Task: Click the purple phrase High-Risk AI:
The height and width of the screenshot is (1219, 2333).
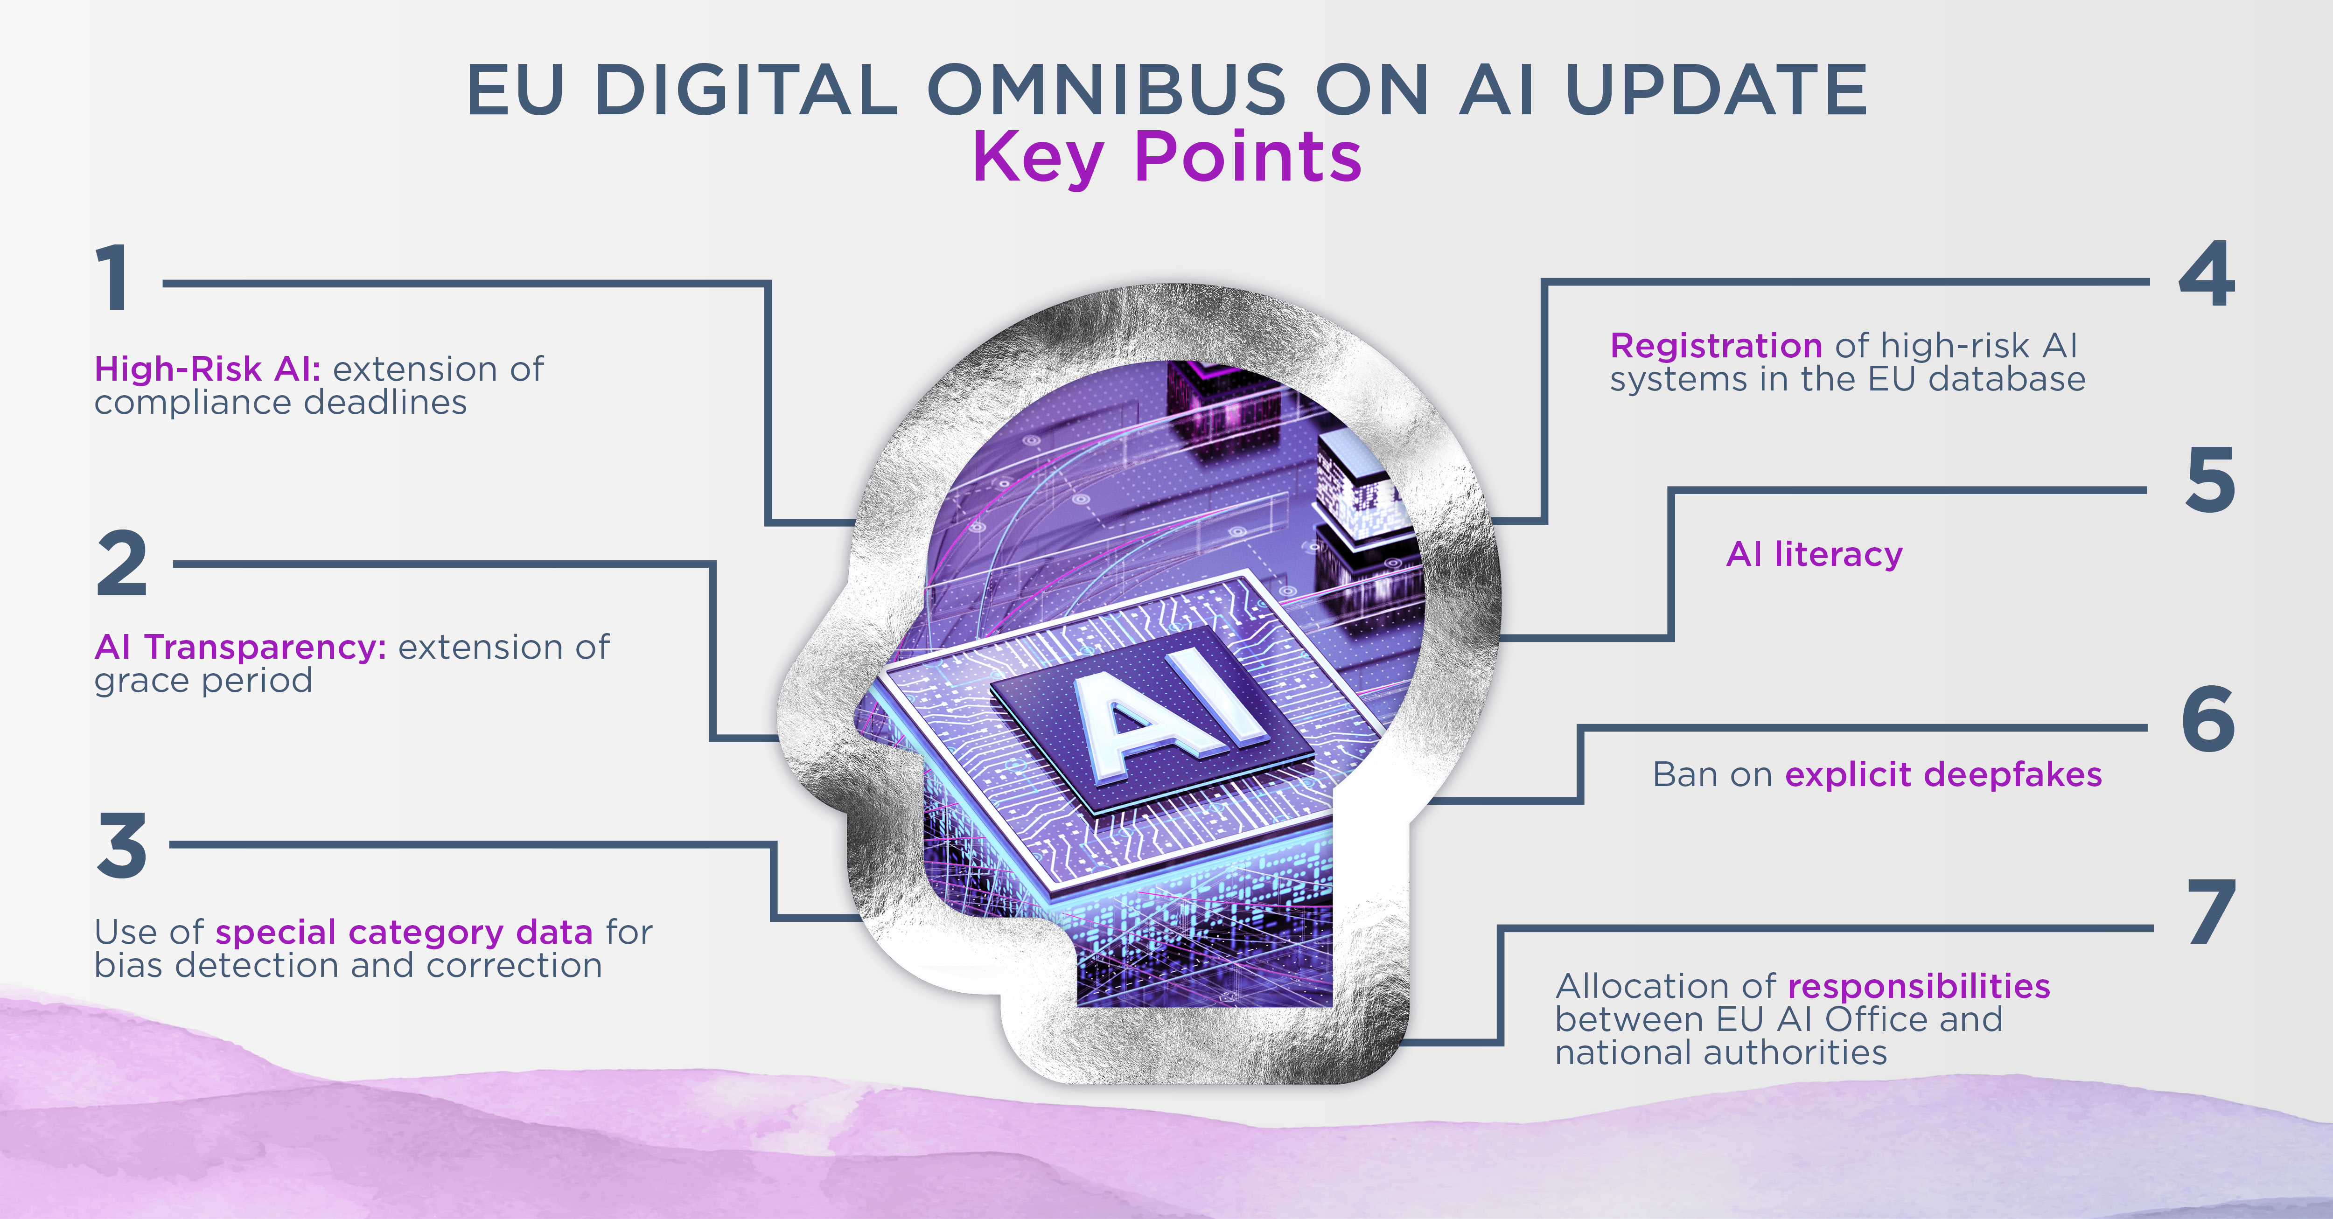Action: point(207,369)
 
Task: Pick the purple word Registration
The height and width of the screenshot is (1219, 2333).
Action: point(1716,345)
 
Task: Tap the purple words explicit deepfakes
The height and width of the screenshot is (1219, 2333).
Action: point(1943,774)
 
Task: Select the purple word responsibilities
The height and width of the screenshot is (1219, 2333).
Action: point(1919,986)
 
